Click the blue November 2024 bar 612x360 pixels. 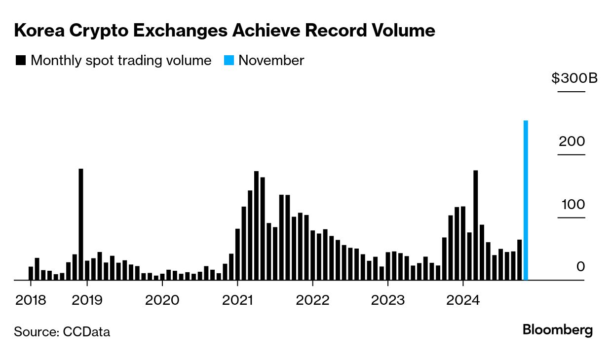pyautogui.click(x=526, y=200)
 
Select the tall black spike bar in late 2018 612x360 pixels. pyautogui.click(x=81, y=224)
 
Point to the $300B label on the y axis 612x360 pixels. pyautogui.click(x=574, y=78)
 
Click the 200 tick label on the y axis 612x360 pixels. pyautogui.click(x=572, y=142)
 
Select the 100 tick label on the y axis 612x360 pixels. pyautogui.click(x=572, y=204)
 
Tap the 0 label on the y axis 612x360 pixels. pyautogui.click(x=580, y=267)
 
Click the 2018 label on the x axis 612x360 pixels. pyautogui.click(x=31, y=300)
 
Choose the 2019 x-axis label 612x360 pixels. pyautogui.click(x=87, y=300)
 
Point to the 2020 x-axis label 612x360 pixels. pyautogui.click(x=162, y=300)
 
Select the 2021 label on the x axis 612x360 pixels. pyautogui.click(x=238, y=300)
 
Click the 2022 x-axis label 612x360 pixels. pyautogui.click(x=313, y=300)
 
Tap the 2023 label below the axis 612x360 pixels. pyautogui.click(x=388, y=300)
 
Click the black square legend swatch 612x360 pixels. pyautogui.click(x=21, y=61)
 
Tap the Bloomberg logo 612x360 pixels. pyautogui.click(x=558, y=330)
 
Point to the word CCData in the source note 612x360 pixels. pyautogui.click(x=86, y=332)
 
